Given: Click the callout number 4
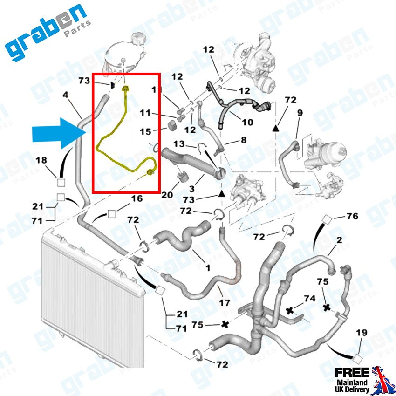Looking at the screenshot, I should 66,95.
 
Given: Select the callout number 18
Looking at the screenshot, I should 41,161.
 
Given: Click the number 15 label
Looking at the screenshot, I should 146,132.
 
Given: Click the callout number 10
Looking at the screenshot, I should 247,123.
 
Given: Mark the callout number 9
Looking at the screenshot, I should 300,112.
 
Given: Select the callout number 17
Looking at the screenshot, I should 225,303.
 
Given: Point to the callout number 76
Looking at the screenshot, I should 353,216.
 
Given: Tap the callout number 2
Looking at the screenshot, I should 339,240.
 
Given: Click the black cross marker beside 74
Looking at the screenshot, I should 289,310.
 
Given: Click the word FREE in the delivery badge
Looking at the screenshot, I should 352,373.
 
